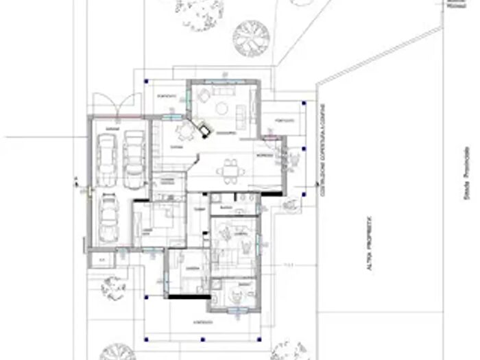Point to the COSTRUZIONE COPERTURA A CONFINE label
(x=322, y=158)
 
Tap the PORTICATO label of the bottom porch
(x=202, y=321)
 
